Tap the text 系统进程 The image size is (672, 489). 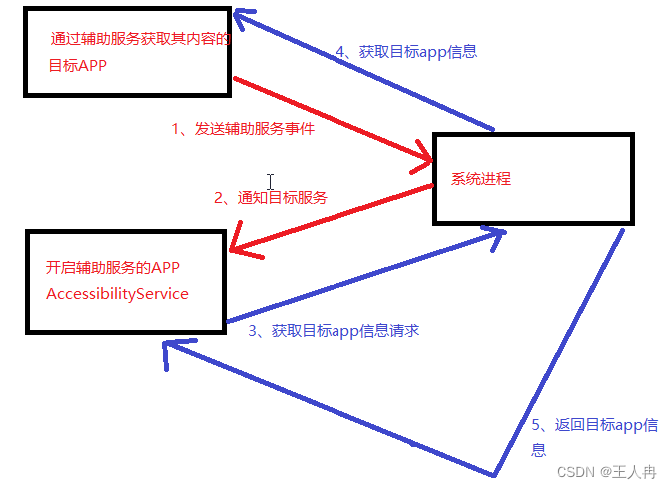(x=481, y=179)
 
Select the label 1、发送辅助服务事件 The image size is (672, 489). (x=243, y=128)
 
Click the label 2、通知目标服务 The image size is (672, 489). (x=270, y=197)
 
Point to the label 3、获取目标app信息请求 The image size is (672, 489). (x=334, y=330)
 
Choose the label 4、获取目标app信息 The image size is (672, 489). (x=405, y=52)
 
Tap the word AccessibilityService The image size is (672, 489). (x=117, y=294)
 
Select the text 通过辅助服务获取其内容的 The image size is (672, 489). (x=141, y=40)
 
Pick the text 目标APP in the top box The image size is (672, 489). (x=78, y=66)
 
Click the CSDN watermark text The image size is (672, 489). (x=575, y=471)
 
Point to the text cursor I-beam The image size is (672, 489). (x=271, y=182)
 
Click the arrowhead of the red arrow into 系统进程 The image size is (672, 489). (x=424, y=160)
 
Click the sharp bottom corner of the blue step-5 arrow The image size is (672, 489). (x=494, y=473)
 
